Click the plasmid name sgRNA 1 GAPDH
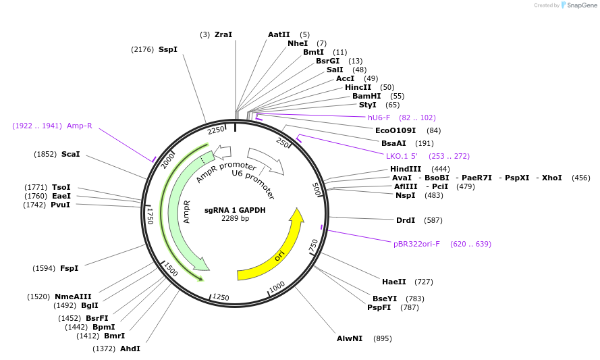[x=235, y=210]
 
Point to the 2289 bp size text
[x=235, y=218]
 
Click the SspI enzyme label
[x=168, y=49]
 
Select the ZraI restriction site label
[x=223, y=34]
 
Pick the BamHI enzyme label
[x=366, y=96]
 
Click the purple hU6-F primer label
[x=379, y=118]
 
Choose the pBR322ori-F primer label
[x=416, y=244]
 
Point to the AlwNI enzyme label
[x=350, y=338]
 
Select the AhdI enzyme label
[x=130, y=349]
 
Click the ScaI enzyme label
[x=71, y=154]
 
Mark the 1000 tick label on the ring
[x=277, y=288]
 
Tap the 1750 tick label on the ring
[x=150, y=215]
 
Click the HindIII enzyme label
[x=406, y=169]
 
